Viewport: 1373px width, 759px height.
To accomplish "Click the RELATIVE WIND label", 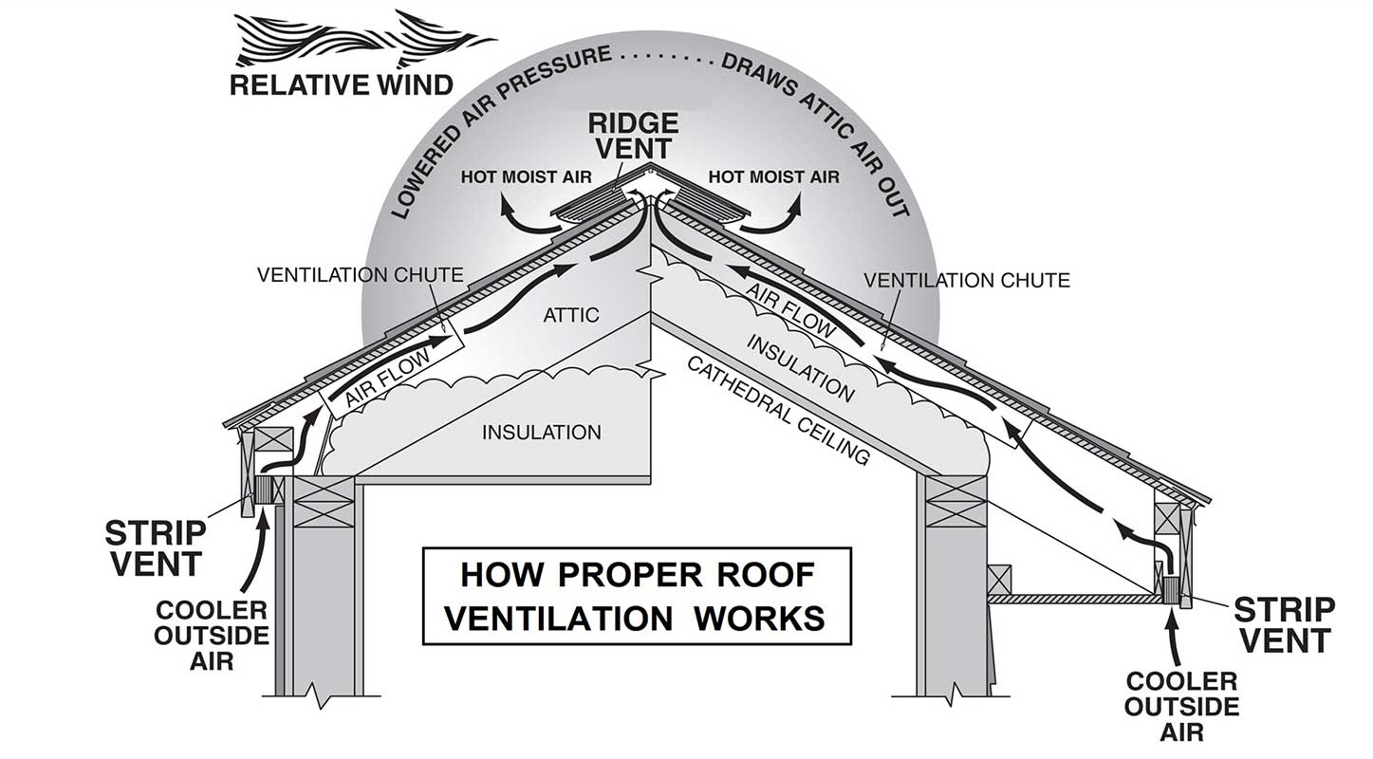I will click(342, 85).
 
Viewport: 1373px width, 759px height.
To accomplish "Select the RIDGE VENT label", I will click(633, 135).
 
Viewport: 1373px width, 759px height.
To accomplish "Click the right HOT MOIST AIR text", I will click(773, 177).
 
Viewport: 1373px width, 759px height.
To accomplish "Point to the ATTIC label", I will click(571, 314).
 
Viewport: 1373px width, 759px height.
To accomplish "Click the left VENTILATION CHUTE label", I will click(360, 275).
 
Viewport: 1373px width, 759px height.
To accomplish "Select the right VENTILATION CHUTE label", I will click(967, 280).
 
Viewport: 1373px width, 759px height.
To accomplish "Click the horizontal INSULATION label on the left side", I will click(542, 433).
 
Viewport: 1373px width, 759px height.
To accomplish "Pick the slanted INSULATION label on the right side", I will click(801, 367).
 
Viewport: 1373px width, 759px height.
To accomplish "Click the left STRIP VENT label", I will click(154, 546).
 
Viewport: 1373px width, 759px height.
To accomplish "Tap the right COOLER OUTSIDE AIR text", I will click(1181, 706).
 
